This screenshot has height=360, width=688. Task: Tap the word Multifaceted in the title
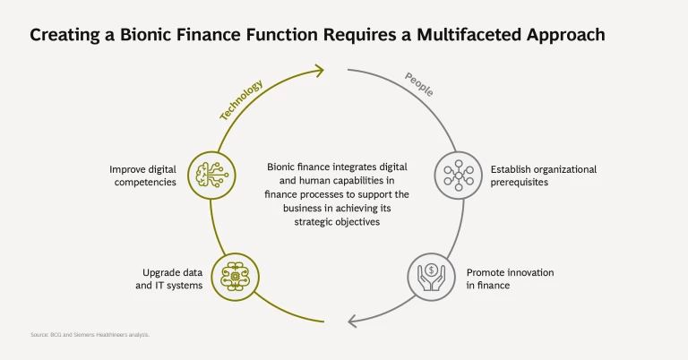(x=451, y=35)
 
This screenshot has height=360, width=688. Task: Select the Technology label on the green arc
(x=242, y=99)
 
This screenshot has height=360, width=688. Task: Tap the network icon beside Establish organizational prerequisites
(x=458, y=174)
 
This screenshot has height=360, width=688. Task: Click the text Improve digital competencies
(x=143, y=175)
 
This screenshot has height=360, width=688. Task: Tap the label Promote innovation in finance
(x=510, y=278)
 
